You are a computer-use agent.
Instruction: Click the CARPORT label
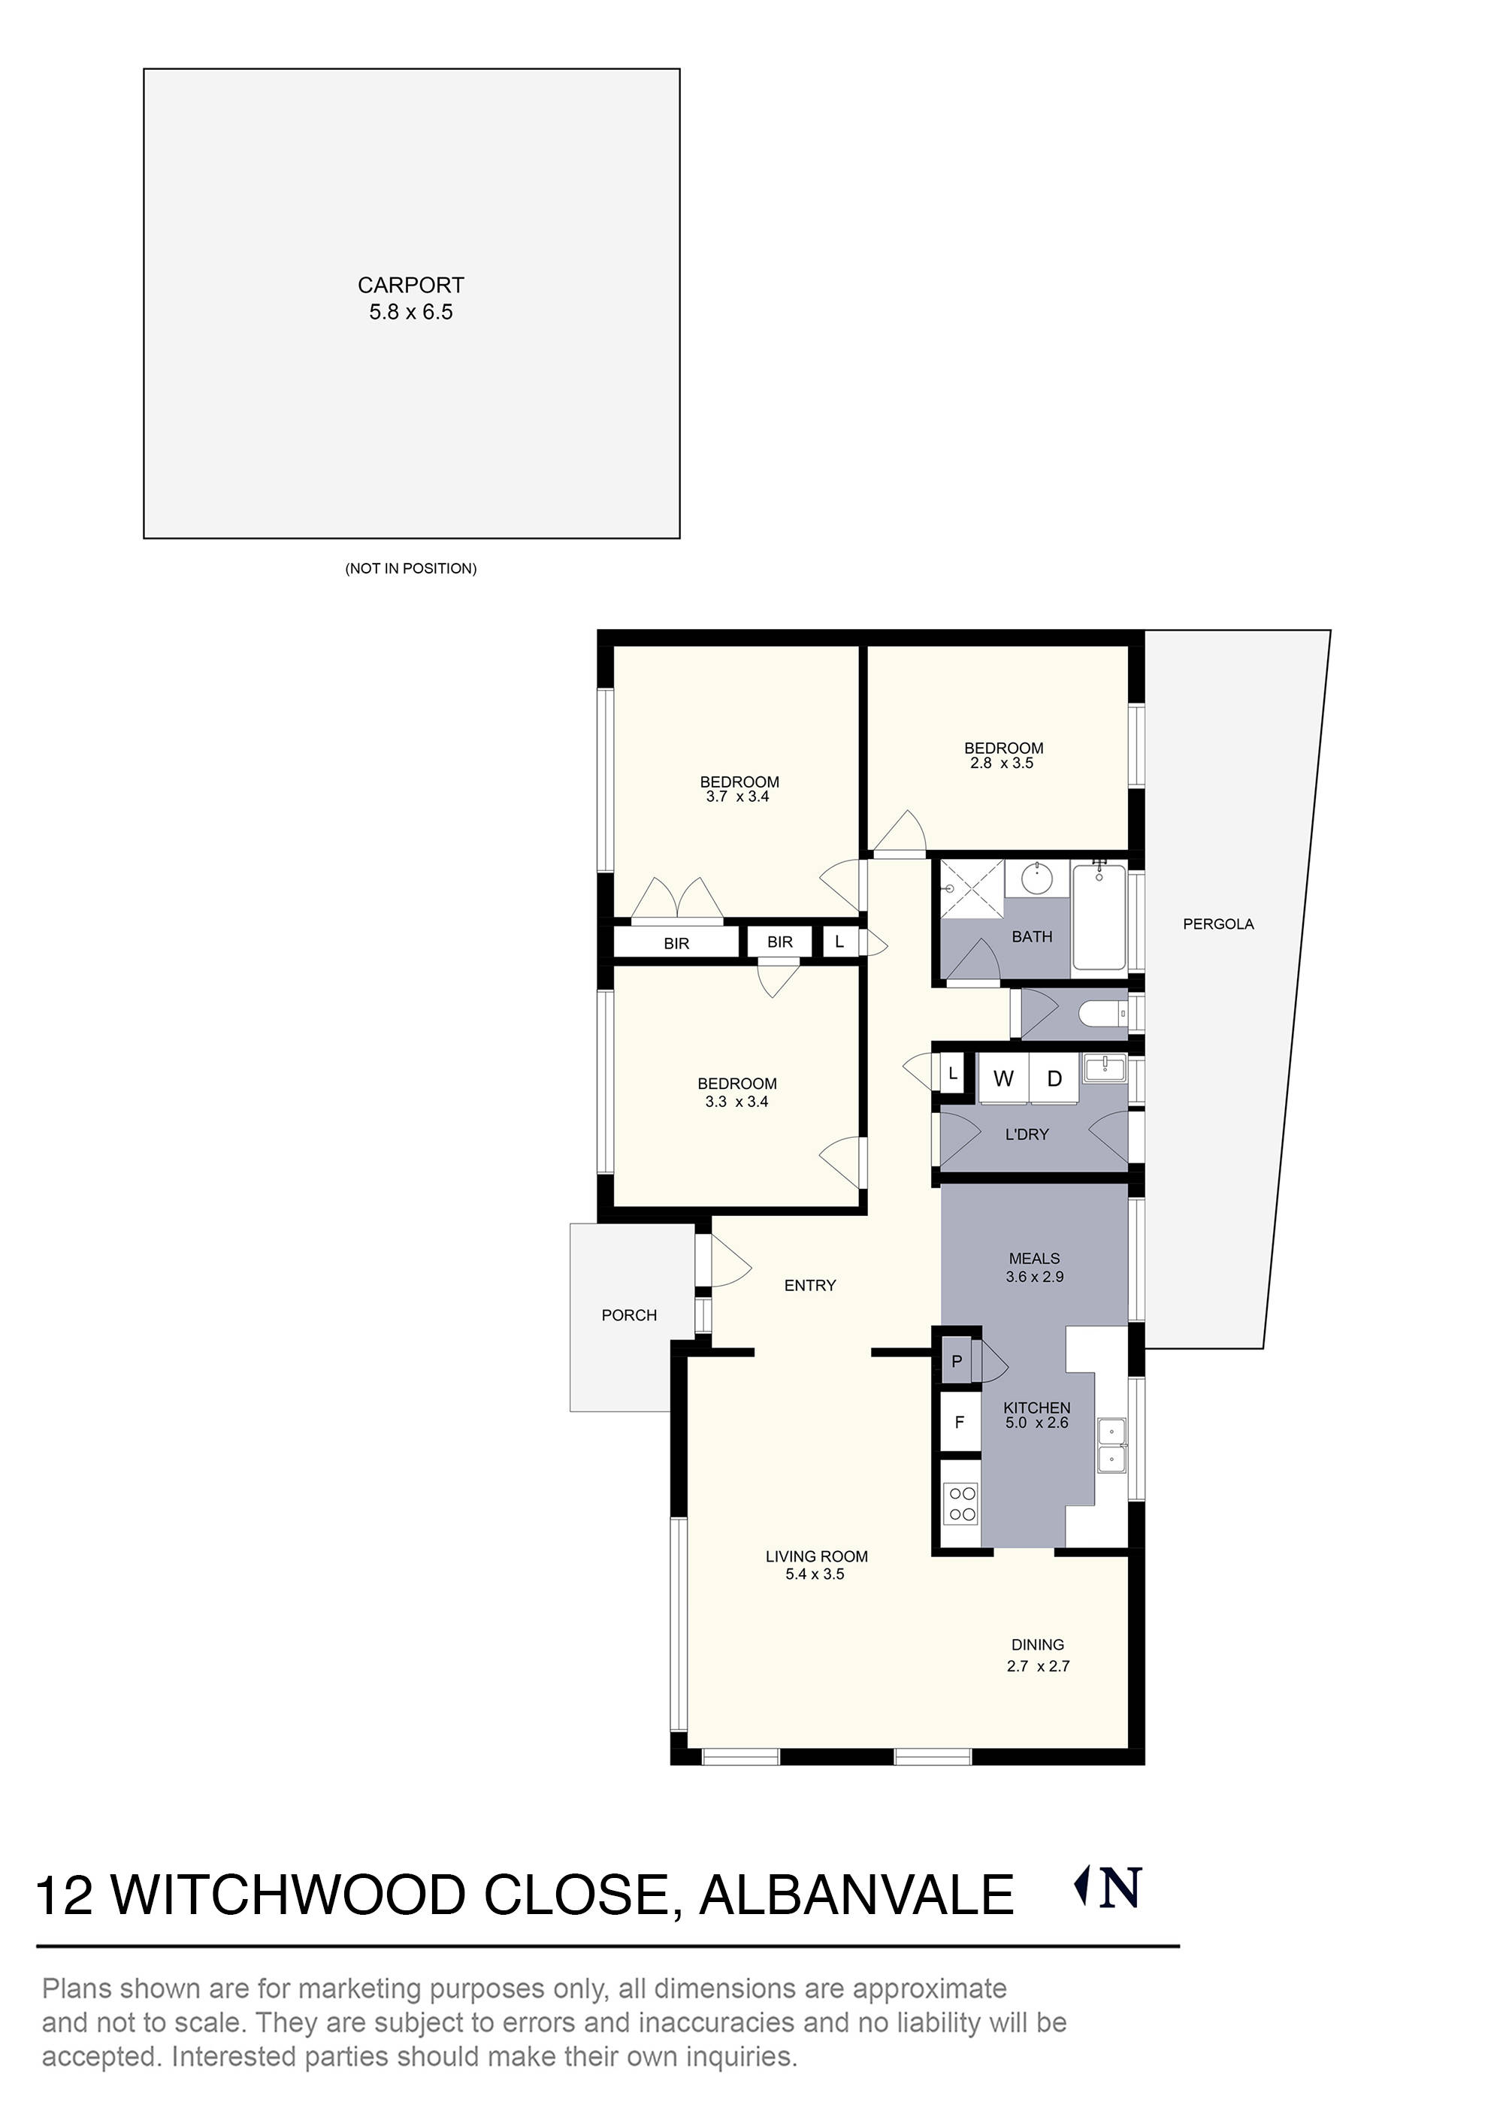coord(410,286)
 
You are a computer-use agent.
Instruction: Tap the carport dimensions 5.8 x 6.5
coord(410,312)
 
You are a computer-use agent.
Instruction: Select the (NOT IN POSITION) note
coord(410,569)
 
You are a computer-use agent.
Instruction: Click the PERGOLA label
coord(1217,924)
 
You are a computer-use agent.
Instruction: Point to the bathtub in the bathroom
coord(1099,917)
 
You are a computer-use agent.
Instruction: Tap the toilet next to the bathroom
coord(1102,1014)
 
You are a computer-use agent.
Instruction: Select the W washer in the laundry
coord(1003,1078)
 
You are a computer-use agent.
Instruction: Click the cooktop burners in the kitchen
coord(962,1503)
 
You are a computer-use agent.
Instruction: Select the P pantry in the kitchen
coord(957,1361)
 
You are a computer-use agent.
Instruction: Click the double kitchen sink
coord(1111,1445)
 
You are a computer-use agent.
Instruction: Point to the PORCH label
coord(629,1315)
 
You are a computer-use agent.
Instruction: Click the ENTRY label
coord(809,1285)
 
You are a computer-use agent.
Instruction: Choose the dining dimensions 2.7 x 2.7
coord(1037,1666)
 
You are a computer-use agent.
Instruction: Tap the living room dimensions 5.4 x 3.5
coord(815,1574)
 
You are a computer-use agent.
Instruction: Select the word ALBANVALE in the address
coord(857,1895)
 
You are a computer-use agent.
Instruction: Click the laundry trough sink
coord(1104,1069)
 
